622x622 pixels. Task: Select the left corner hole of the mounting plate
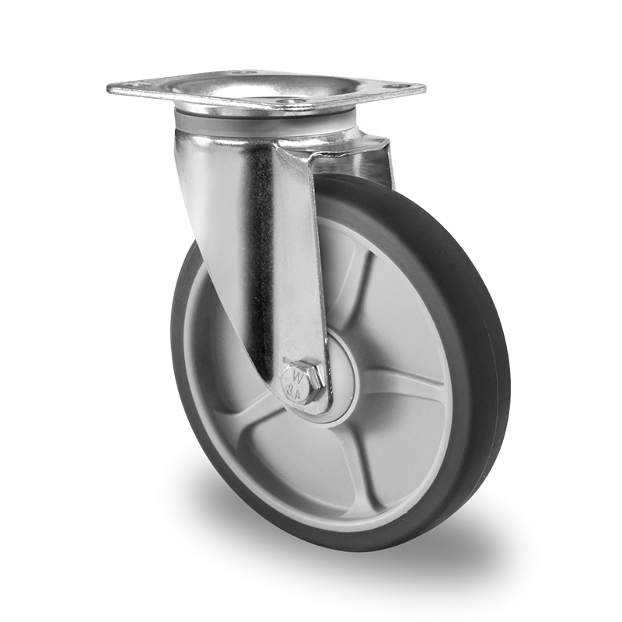[x=128, y=86]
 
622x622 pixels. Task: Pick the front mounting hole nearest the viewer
[x=293, y=102]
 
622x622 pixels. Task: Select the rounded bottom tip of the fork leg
[x=299, y=404]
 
